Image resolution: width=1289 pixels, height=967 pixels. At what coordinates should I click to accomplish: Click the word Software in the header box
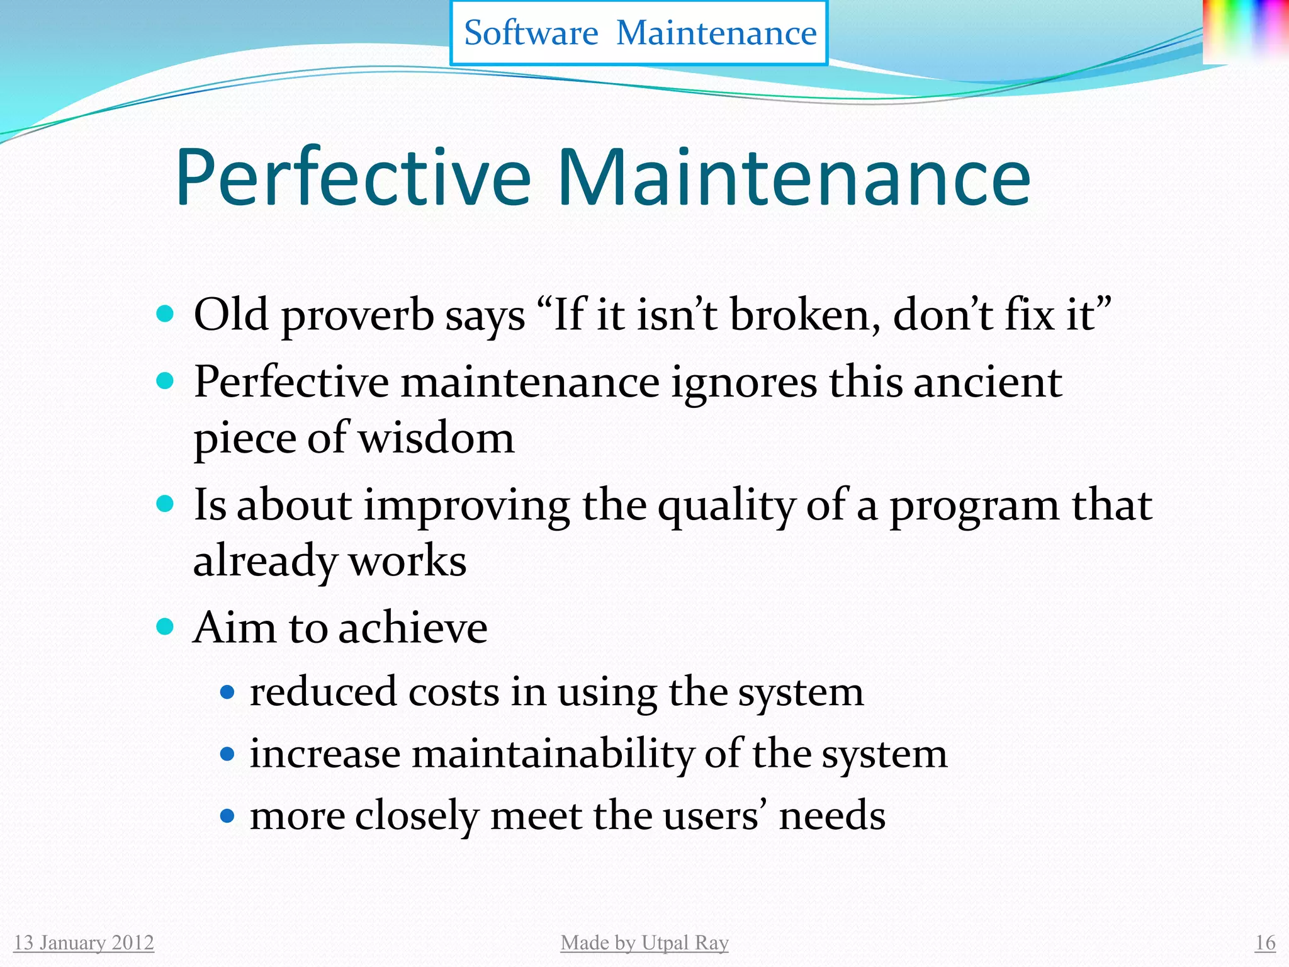[x=531, y=33]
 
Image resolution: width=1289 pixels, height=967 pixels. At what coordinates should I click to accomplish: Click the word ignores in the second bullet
[x=743, y=382]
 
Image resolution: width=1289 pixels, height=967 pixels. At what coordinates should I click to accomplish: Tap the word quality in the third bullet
[x=727, y=506]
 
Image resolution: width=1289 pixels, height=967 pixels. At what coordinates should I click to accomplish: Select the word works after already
[x=407, y=562]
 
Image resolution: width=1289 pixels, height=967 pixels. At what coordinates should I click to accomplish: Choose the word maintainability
[x=552, y=754]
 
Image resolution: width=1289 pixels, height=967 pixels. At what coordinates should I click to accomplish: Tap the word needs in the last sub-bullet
[x=831, y=816]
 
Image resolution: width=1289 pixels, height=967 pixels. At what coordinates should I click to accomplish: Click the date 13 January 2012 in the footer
[x=84, y=942]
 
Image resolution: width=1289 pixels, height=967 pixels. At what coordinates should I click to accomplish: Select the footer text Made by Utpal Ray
[x=644, y=942]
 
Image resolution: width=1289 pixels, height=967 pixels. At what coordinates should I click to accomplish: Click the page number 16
[x=1265, y=942]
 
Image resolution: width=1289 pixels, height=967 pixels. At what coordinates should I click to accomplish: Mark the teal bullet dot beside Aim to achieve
[x=165, y=626]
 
